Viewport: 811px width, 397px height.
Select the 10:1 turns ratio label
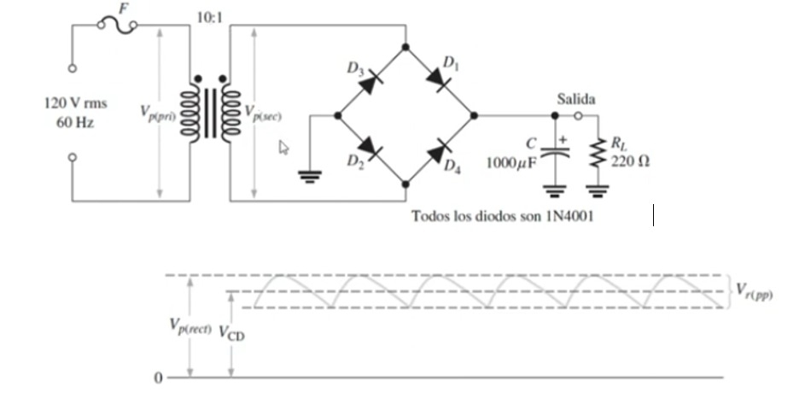click(x=209, y=17)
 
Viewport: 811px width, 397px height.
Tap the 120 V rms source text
click(x=76, y=103)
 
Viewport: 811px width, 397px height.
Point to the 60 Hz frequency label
click(x=76, y=121)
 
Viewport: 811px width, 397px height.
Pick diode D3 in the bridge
click(x=369, y=82)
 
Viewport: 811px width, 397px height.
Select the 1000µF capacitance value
click(x=512, y=163)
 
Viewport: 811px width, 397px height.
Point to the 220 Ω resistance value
click(x=631, y=162)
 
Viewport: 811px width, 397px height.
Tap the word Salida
click(x=576, y=100)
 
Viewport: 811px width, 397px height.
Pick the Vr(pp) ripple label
click(x=755, y=290)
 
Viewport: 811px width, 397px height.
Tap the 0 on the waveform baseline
click(x=158, y=377)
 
